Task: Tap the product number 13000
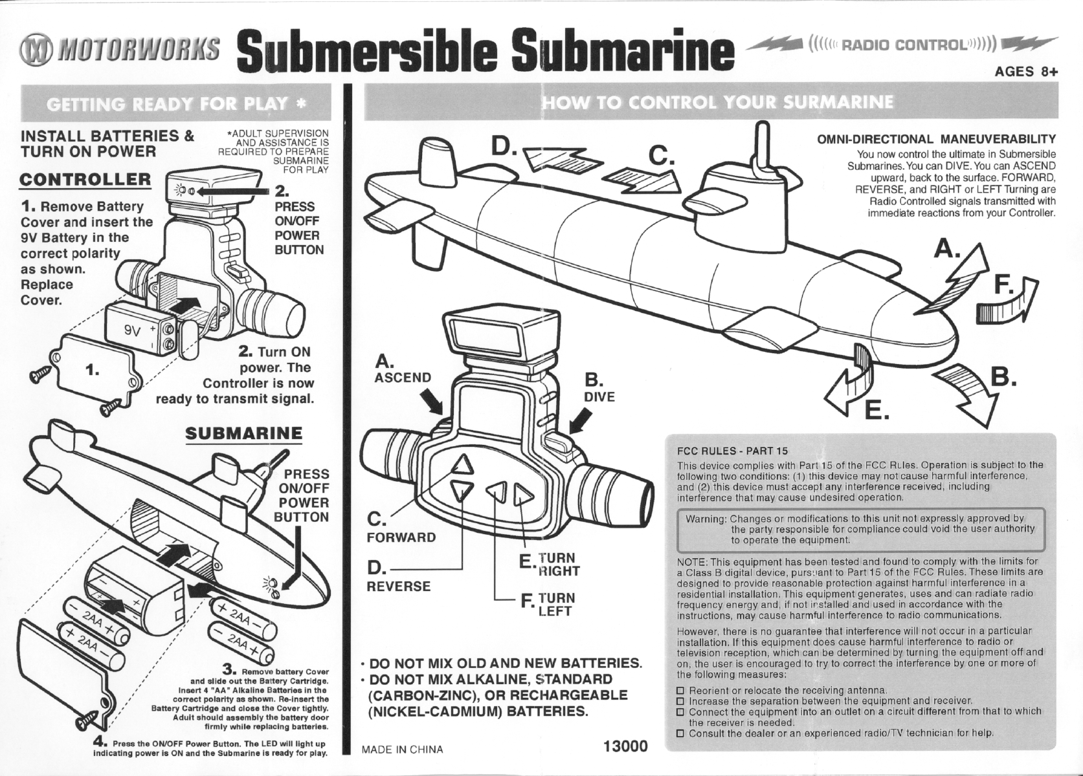click(x=625, y=746)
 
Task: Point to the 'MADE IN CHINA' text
click(x=402, y=749)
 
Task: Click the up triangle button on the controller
click(x=463, y=464)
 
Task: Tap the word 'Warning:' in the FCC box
click(x=706, y=519)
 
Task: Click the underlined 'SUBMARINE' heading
click(x=244, y=434)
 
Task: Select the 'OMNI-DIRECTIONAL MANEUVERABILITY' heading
click(x=937, y=139)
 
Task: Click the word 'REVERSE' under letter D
click(x=398, y=587)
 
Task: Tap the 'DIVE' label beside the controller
click(x=599, y=397)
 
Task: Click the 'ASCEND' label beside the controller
click(x=403, y=378)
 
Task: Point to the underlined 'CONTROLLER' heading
click(x=85, y=180)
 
